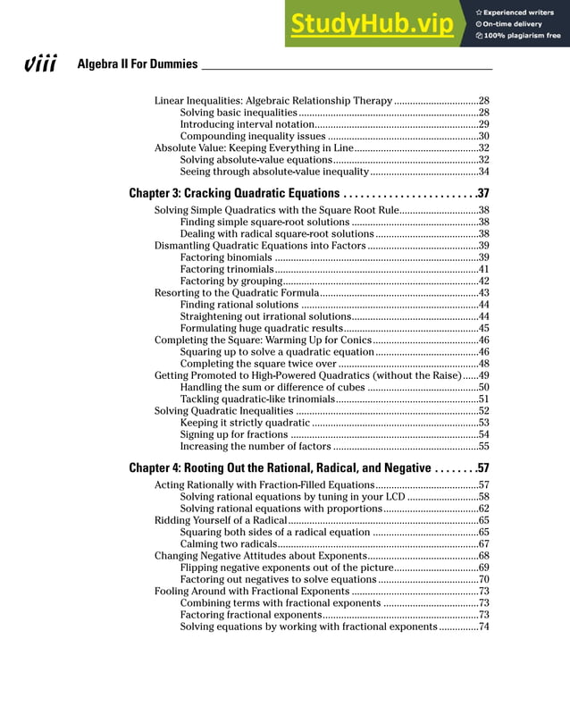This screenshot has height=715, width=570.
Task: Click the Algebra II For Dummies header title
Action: click(138, 64)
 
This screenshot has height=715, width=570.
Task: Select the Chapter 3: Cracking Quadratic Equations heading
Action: click(233, 193)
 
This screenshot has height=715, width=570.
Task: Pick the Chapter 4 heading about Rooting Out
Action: click(280, 467)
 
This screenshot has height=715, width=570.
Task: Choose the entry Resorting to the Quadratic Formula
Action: click(236, 293)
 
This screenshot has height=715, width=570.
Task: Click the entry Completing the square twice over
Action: click(258, 364)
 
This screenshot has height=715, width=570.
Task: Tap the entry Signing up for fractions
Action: click(234, 434)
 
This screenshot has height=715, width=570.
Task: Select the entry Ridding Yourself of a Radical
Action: click(220, 520)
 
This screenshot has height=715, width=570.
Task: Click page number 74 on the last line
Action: click(483, 627)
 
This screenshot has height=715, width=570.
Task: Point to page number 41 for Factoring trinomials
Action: click(483, 269)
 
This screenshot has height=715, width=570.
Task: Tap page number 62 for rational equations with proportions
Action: click(483, 509)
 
